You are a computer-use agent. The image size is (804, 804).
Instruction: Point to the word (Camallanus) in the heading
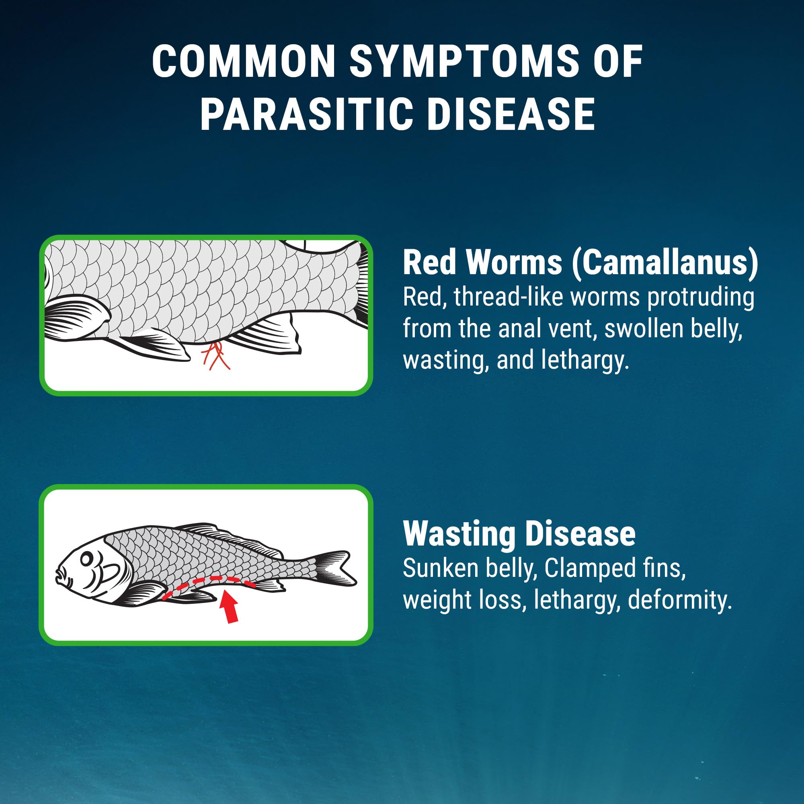coord(665,263)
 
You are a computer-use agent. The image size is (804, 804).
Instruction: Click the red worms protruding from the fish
coord(215,356)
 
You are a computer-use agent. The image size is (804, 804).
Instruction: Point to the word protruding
coord(701,298)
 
